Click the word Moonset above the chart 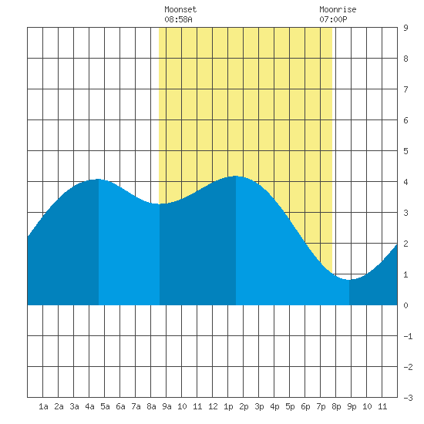[x=180, y=9]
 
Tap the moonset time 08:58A [x=178, y=19]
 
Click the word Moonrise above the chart [x=338, y=9]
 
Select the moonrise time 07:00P [x=333, y=19]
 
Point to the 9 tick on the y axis [x=405, y=28]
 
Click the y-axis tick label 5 [x=405, y=151]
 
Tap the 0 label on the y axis [x=405, y=305]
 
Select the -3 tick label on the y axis [x=408, y=398]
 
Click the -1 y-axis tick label [x=408, y=336]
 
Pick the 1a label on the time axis [x=43, y=406]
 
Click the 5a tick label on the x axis [x=105, y=406]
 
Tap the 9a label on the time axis [x=167, y=406]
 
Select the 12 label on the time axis [x=213, y=406]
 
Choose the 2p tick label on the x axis [x=244, y=406]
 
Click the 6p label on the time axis [x=305, y=406]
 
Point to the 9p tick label [x=352, y=406]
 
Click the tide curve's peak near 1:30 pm [x=236, y=176]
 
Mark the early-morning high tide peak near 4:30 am [x=98, y=179]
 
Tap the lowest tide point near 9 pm [x=348, y=280]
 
